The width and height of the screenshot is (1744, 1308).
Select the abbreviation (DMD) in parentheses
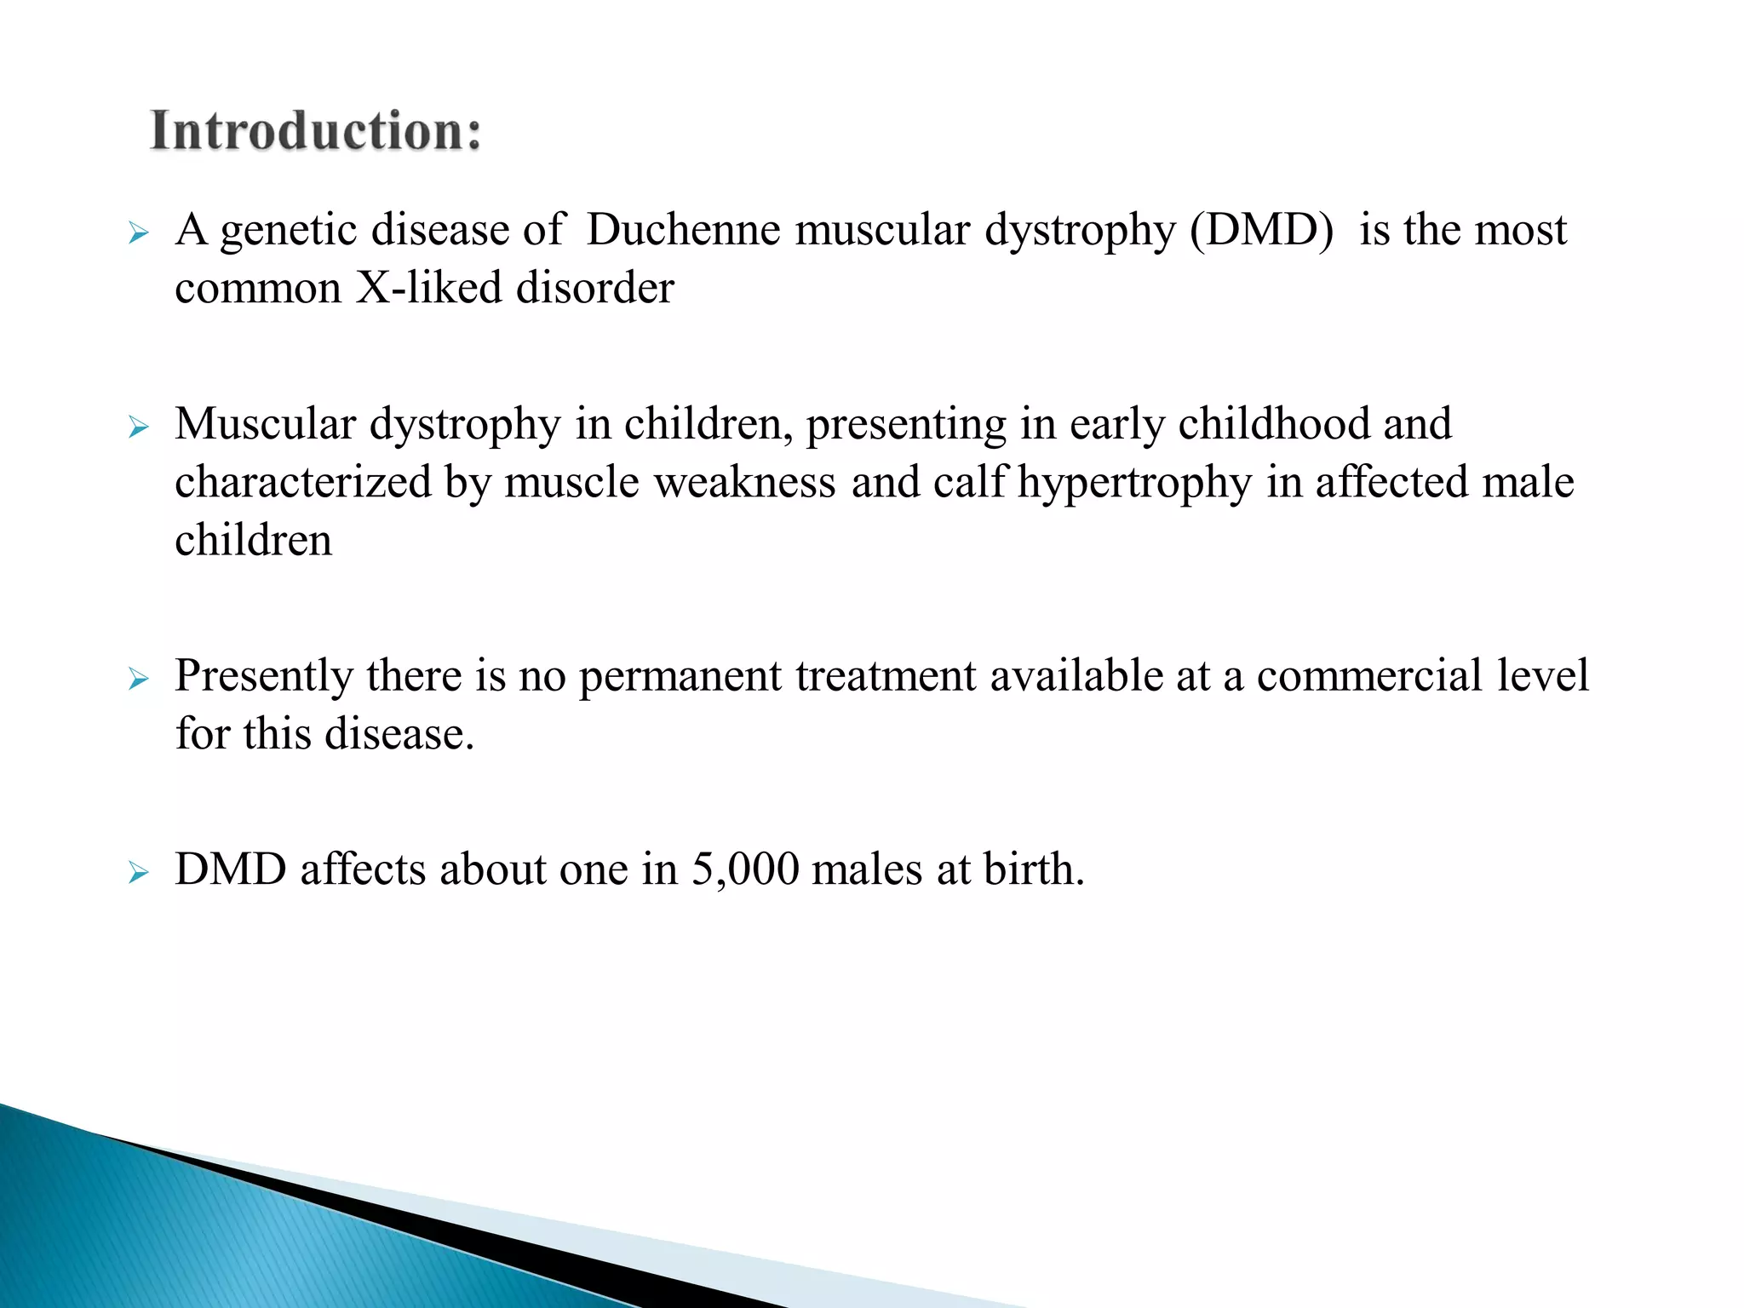point(1261,230)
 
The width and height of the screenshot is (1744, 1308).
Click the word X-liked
point(428,288)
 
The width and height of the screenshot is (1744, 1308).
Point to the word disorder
point(595,288)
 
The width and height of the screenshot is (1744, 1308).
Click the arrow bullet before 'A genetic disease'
point(138,232)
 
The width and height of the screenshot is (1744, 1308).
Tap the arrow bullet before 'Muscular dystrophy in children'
point(138,427)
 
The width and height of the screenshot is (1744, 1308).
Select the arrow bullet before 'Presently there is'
point(138,679)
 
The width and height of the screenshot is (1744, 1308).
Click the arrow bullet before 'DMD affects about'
point(138,873)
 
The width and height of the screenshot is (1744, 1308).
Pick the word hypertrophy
point(1134,483)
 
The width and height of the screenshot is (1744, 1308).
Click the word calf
point(970,482)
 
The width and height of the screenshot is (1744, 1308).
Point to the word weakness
point(744,482)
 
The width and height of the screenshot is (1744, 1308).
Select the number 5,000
point(745,870)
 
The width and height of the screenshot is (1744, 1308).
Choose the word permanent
point(680,677)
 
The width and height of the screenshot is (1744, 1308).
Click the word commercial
point(1369,676)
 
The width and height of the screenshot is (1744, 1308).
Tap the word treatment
point(886,676)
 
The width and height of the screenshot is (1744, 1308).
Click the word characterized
point(303,482)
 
